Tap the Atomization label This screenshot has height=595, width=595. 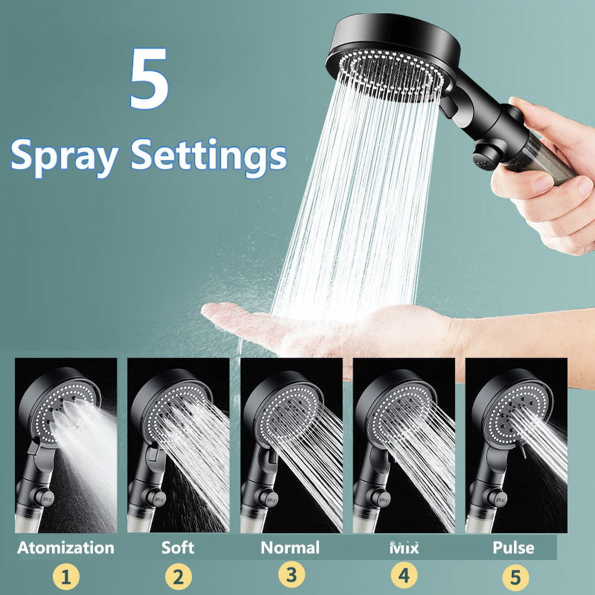point(66,548)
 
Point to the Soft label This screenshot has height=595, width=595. point(178,548)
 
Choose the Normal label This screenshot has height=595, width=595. point(290,548)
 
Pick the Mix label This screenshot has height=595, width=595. point(404,548)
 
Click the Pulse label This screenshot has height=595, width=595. point(514,548)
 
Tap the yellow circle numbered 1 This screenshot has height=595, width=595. point(66,577)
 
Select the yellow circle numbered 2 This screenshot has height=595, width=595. point(178,577)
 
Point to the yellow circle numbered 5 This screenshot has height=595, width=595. point(515,577)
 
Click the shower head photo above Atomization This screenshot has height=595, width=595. point(66,445)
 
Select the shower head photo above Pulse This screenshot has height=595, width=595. point(517,445)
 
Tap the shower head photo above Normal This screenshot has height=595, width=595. point(291,445)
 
